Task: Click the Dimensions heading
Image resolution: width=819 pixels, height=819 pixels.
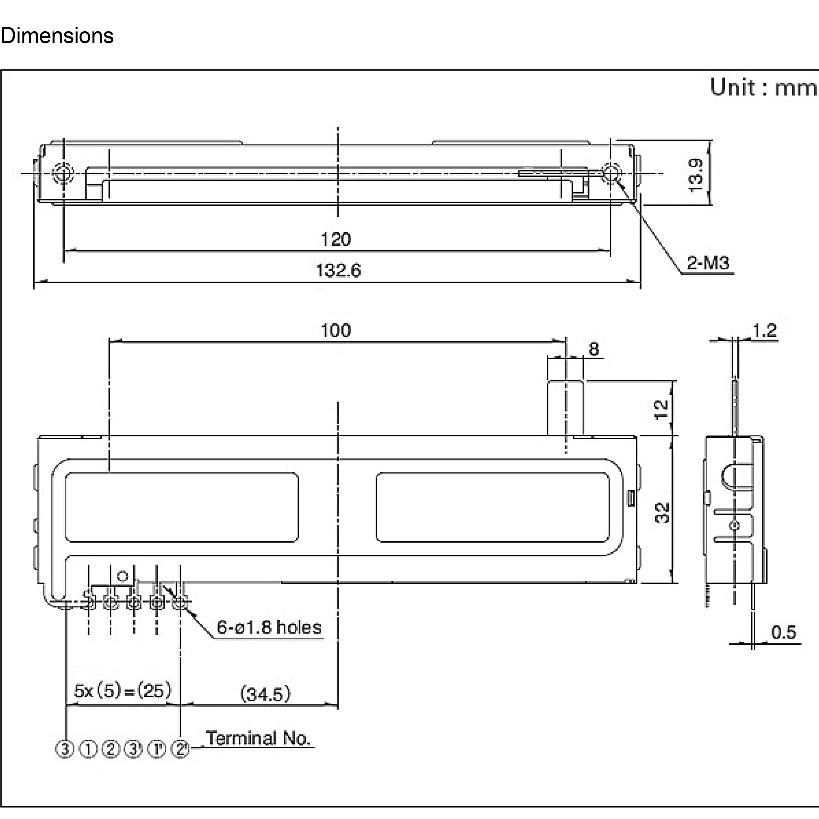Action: pos(57,36)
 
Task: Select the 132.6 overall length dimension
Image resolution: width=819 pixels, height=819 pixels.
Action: pos(338,270)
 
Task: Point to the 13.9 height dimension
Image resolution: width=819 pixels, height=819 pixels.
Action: pos(696,175)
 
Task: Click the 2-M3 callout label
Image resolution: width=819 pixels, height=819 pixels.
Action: pos(708,263)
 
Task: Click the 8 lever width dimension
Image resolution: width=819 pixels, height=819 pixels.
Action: pos(594,349)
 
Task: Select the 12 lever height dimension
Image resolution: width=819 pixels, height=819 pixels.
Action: pos(661,409)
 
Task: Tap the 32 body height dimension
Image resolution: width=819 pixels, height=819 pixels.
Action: pos(662,513)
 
